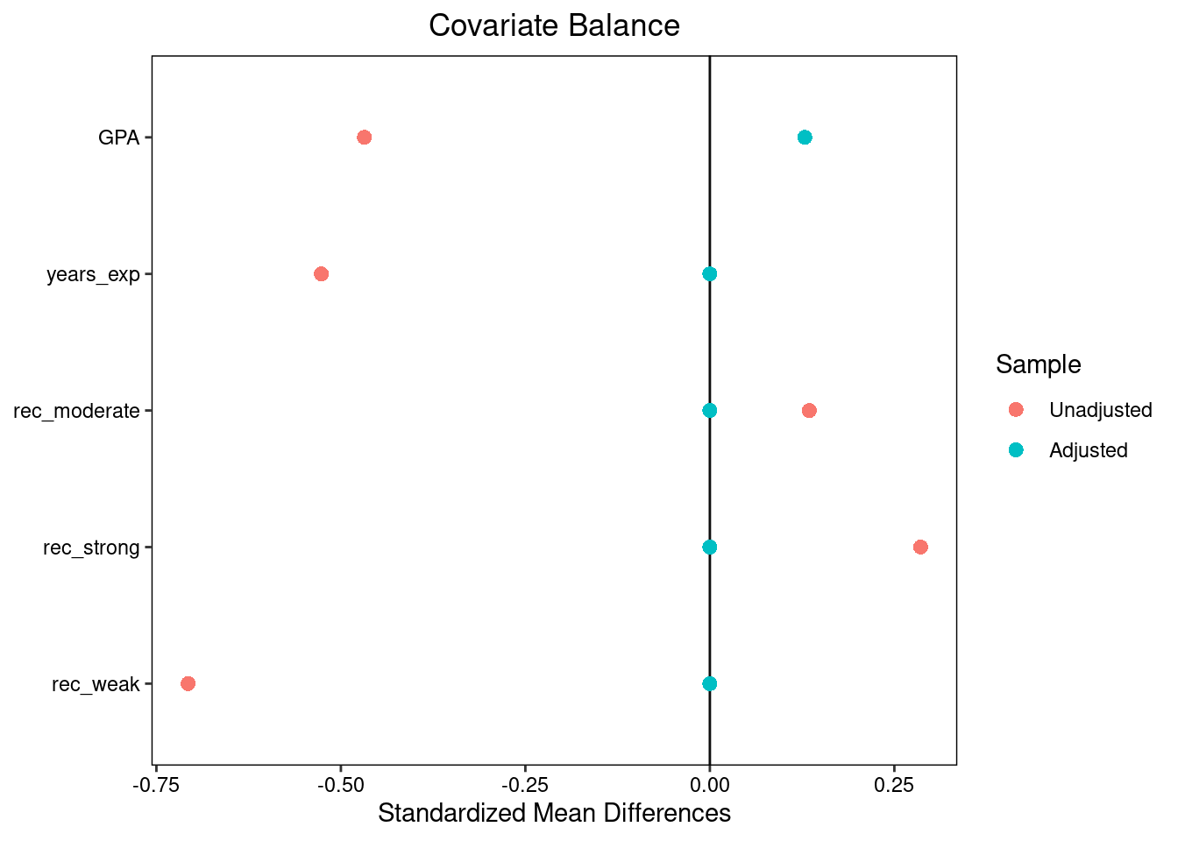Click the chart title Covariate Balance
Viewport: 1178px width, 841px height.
point(554,25)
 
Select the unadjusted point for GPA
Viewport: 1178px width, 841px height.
point(365,138)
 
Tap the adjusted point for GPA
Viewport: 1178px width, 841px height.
point(805,138)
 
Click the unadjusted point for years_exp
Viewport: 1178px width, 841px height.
point(321,274)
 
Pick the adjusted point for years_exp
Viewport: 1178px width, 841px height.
point(710,274)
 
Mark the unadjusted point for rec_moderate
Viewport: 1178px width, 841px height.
point(809,411)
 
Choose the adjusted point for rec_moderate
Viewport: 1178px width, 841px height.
point(710,411)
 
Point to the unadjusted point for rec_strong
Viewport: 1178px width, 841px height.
point(920,548)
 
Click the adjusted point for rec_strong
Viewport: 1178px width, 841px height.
point(710,548)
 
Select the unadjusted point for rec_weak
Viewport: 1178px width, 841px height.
point(188,683)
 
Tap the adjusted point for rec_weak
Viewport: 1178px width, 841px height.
point(710,683)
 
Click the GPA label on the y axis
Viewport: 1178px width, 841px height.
point(119,138)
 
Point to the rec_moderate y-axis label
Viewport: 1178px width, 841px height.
point(77,411)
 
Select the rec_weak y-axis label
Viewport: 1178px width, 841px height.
point(96,684)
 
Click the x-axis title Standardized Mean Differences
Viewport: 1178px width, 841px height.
point(554,814)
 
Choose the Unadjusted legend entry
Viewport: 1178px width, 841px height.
point(1100,410)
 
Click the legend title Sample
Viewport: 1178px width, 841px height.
point(1038,364)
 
